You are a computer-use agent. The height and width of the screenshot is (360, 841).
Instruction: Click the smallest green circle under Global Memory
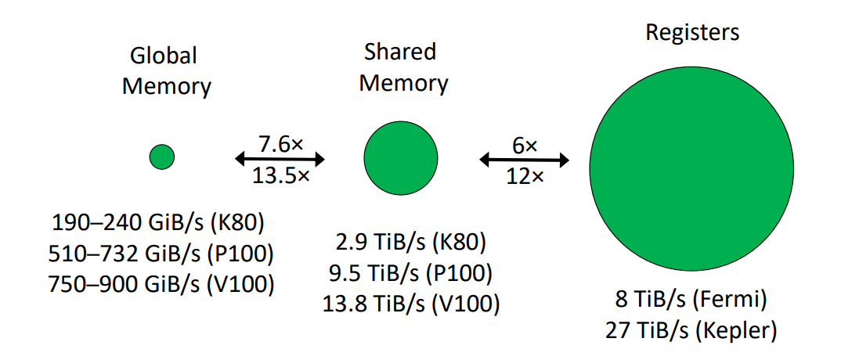[161, 157]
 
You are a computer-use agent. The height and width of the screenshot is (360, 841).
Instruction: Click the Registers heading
[691, 34]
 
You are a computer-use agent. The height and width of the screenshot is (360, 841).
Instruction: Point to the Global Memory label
[166, 71]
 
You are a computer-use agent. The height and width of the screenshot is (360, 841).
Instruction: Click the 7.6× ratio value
[280, 144]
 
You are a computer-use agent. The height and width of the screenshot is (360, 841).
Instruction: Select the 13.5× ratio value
[280, 176]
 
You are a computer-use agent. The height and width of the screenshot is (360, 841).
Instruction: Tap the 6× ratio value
[525, 145]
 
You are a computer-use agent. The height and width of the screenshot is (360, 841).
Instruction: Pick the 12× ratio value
[525, 177]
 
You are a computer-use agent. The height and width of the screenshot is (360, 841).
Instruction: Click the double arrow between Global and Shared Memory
[280, 160]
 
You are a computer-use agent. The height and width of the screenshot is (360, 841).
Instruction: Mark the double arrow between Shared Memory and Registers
[525, 160]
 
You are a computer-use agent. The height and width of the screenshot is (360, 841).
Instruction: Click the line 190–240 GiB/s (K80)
[159, 223]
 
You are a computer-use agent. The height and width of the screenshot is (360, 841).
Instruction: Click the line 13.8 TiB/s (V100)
[410, 302]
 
